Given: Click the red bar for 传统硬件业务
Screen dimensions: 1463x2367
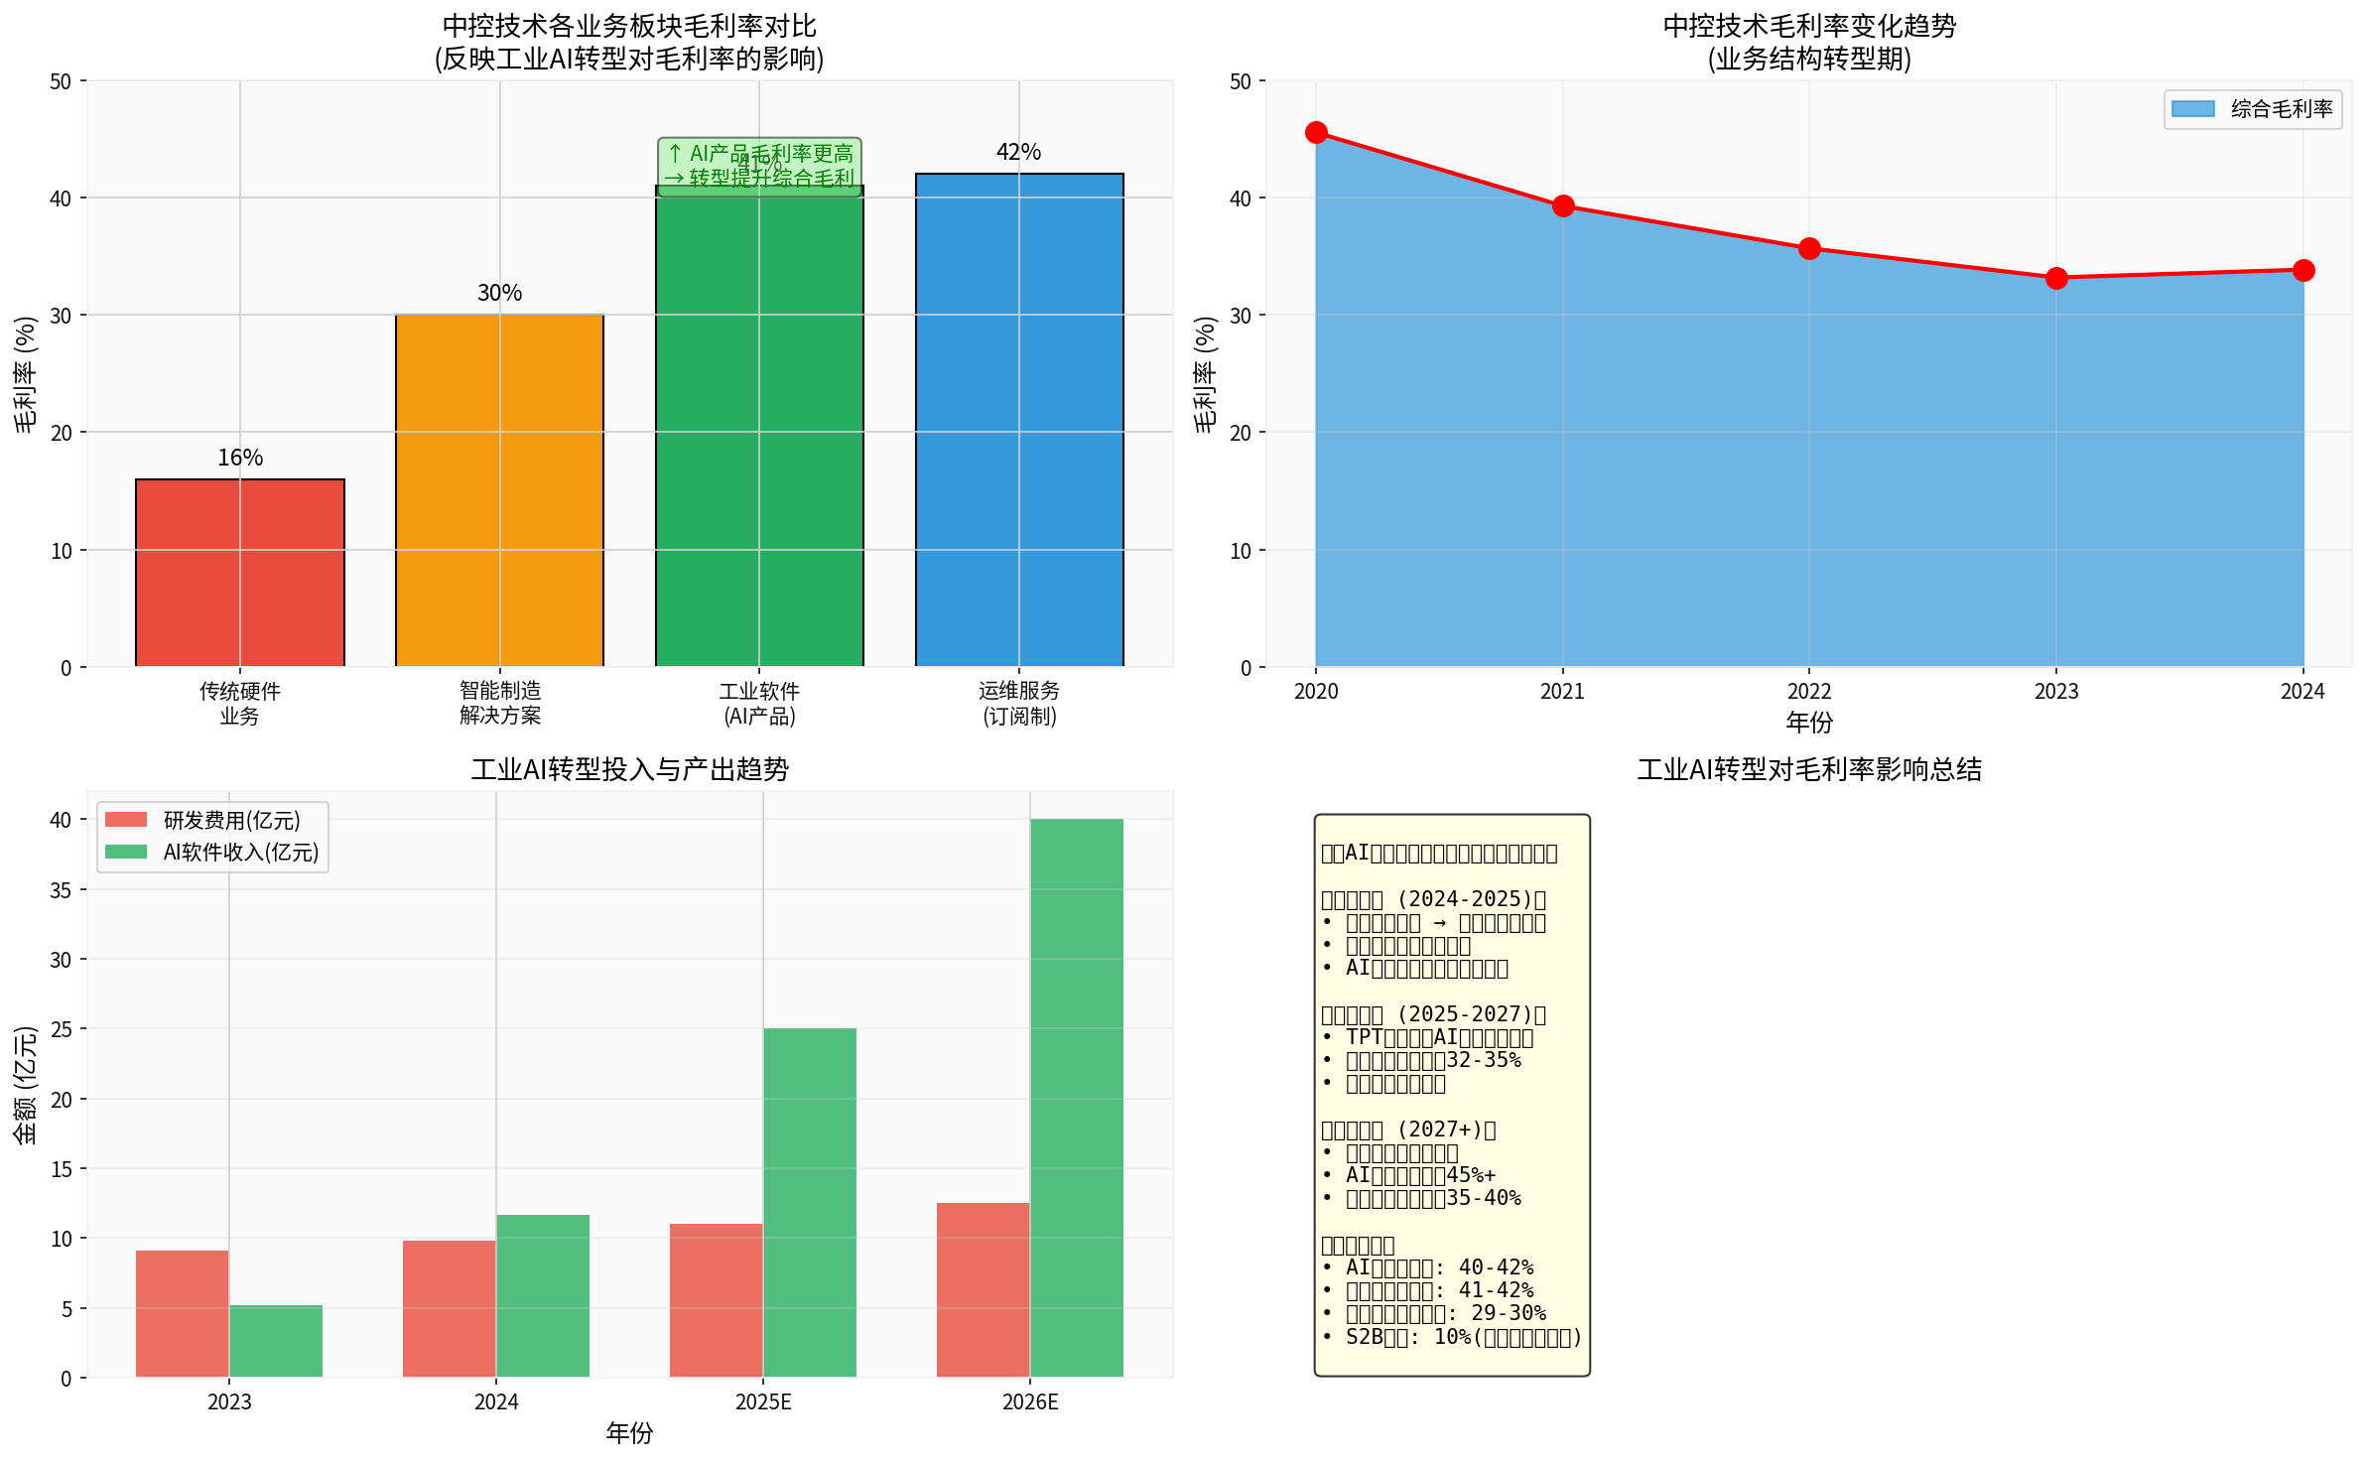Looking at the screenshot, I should coord(240,573).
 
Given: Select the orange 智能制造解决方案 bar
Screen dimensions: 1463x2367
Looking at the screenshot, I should coord(499,490).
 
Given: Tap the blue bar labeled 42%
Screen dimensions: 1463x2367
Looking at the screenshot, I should coord(1019,420).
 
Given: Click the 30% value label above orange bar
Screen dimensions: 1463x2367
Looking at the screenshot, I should coord(499,293).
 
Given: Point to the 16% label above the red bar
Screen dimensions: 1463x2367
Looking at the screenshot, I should coord(240,458).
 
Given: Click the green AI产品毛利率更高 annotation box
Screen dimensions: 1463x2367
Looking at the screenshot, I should coord(759,166).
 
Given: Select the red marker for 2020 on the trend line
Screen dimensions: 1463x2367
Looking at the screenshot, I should coord(1316,133).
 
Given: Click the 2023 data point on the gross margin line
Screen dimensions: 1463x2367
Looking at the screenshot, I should coord(2056,279).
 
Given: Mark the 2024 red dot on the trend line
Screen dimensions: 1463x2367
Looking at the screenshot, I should coord(2303,271).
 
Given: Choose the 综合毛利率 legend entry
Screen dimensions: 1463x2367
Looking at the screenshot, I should coord(2253,109).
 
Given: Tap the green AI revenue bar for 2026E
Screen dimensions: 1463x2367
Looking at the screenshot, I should coord(1077,1098).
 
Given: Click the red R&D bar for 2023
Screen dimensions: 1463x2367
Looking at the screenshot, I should coord(183,1313).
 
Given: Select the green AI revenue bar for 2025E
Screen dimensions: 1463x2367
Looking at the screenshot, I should coord(810,1202).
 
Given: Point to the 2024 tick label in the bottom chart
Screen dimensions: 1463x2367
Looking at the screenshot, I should coord(496,1401).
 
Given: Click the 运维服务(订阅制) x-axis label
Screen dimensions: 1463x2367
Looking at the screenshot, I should coord(1019,703).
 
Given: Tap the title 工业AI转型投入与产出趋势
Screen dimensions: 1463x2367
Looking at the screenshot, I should coord(629,769).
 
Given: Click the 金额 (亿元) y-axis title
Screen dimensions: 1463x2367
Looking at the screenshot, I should coord(26,1085).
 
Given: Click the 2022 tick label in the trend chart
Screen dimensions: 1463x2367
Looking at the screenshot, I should coord(1809,691).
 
